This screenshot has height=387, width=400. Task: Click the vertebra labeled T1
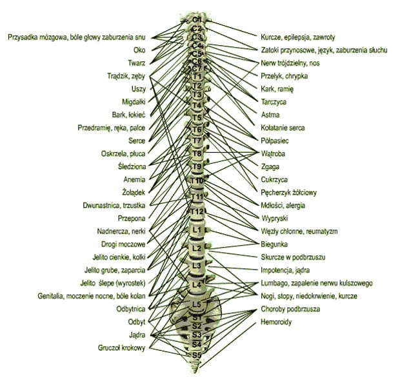pos(197,77)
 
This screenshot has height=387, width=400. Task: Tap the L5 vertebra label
pos(197,305)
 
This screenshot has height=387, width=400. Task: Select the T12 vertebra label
pos(197,212)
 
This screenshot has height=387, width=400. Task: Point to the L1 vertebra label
pos(197,230)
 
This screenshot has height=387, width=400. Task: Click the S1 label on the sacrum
pos(197,317)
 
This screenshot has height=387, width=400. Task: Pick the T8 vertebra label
pos(197,154)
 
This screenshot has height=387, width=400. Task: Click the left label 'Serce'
pos(136,140)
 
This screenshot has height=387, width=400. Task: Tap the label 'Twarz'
pos(135,63)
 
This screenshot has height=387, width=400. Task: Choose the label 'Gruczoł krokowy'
pos(121,348)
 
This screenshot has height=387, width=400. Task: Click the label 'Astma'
pos(270,115)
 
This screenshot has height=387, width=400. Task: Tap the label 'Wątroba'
pos(273,154)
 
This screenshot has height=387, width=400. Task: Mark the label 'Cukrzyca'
pos(274,179)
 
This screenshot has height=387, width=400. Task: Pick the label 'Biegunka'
pos(275,244)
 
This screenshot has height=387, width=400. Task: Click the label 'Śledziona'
pos(131,166)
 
